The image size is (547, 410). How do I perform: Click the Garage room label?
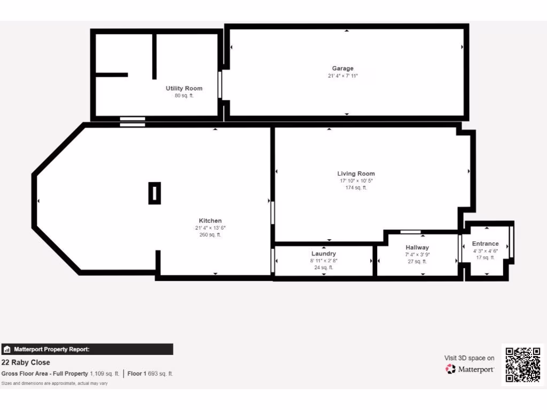343,68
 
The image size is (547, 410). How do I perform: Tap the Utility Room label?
184,88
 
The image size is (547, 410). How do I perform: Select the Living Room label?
356,174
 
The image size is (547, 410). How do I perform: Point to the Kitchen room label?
210,220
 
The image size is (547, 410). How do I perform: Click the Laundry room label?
324,254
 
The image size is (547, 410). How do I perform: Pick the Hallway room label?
417,248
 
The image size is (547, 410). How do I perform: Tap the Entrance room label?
485,243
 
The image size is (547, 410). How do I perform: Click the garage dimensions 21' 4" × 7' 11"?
343,76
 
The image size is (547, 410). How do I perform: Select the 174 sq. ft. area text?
356,187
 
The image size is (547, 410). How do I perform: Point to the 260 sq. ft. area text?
210,234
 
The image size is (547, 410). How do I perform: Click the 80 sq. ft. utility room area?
184,96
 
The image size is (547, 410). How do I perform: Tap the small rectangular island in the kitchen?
154,193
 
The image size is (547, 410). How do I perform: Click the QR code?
523,365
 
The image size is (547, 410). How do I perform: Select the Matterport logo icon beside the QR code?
451,369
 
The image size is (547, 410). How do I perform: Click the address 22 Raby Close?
26,362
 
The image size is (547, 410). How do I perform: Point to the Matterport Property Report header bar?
87,349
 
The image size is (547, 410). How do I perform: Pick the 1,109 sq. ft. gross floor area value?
105,374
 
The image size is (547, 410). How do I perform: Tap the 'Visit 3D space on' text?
469,358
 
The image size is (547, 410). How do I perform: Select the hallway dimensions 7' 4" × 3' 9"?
417,255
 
